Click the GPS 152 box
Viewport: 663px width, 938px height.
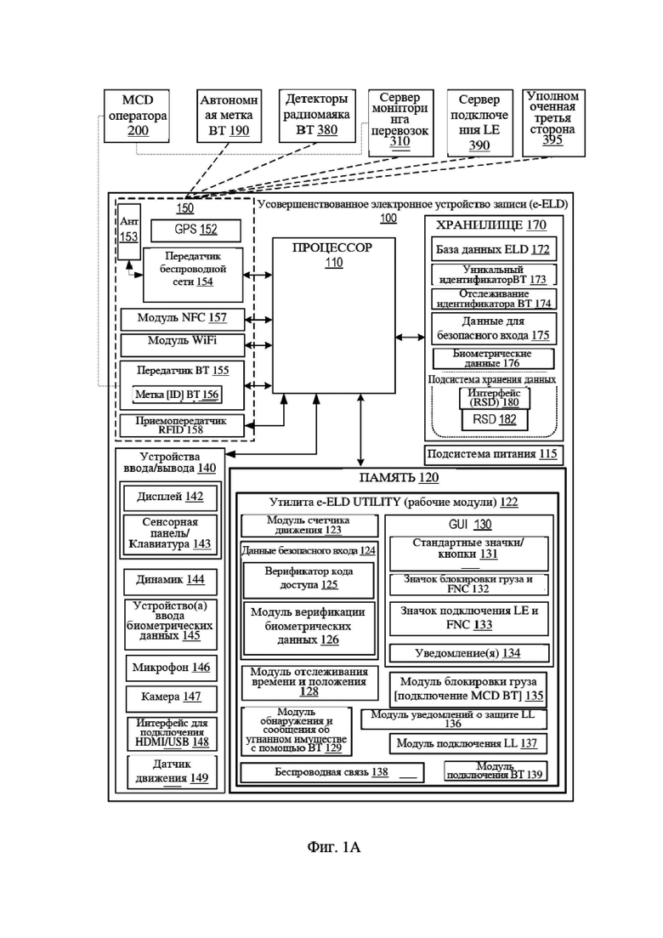(x=195, y=230)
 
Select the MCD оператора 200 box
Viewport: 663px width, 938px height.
(x=137, y=116)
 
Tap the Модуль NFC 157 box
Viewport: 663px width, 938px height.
(x=183, y=319)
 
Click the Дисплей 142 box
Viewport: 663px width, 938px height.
(x=170, y=497)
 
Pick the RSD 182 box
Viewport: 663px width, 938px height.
(x=495, y=419)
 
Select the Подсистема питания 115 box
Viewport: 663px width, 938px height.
(x=494, y=455)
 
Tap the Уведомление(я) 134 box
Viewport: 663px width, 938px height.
(x=468, y=653)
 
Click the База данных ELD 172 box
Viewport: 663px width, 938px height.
(x=493, y=249)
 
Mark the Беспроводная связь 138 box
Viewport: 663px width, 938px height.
(x=331, y=772)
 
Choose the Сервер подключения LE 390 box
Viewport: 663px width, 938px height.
(x=479, y=123)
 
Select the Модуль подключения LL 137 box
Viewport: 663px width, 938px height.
(x=468, y=744)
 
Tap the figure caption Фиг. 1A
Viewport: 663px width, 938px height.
(x=333, y=847)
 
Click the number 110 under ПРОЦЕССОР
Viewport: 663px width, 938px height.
(x=333, y=263)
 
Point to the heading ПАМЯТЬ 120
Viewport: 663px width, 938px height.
(x=399, y=478)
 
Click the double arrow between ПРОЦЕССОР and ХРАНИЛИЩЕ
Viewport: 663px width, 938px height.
(x=410, y=338)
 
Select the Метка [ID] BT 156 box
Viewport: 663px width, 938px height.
(x=177, y=395)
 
